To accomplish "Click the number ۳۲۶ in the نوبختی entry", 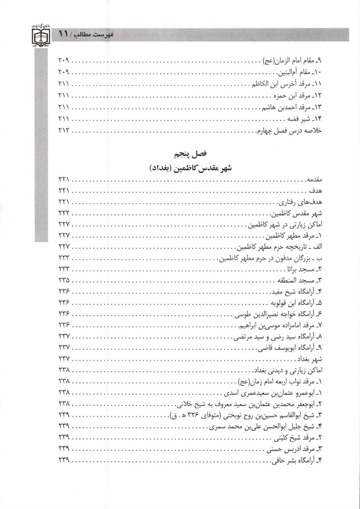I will tap(196, 414).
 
